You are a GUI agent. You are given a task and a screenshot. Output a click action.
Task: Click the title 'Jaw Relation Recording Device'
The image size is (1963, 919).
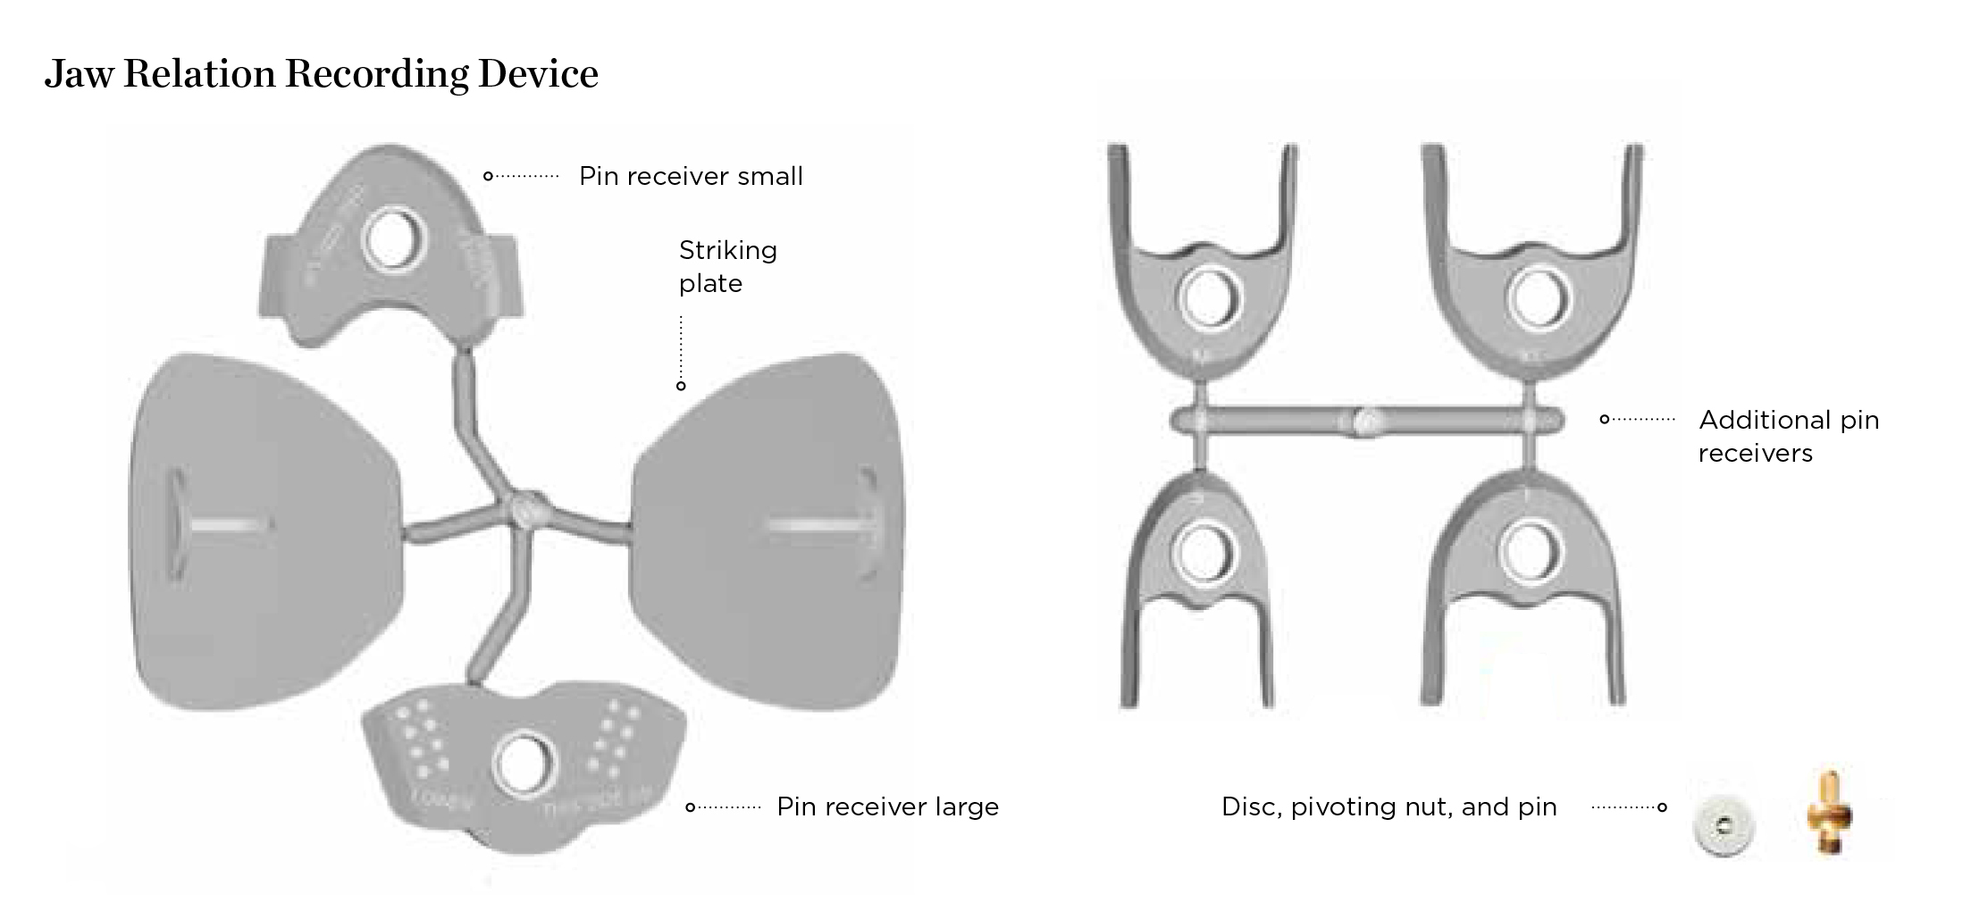click(x=321, y=73)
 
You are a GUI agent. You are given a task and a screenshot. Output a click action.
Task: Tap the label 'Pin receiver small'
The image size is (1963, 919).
click(x=691, y=176)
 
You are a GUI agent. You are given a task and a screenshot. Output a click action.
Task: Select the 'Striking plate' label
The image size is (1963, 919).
click(x=727, y=266)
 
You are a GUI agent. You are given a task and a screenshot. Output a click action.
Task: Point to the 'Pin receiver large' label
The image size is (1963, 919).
click(x=887, y=806)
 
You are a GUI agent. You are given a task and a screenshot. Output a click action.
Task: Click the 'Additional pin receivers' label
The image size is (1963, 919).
click(x=1788, y=436)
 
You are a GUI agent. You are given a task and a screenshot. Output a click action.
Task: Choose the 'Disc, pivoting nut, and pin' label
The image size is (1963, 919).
click(x=1388, y=806)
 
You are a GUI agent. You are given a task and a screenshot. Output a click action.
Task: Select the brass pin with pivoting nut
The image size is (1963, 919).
click(x=1828, y=814)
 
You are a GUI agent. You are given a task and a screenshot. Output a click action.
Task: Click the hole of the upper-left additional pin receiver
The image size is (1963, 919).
click(x=1210, y=297)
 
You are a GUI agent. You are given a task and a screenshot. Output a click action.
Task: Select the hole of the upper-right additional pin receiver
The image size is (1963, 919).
click(x=1539, y=297)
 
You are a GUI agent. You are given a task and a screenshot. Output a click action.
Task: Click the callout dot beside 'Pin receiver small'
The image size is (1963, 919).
click(x=488, y=176)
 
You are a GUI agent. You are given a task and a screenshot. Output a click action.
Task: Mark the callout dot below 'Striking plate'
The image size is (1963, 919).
click(x=681, y=386)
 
